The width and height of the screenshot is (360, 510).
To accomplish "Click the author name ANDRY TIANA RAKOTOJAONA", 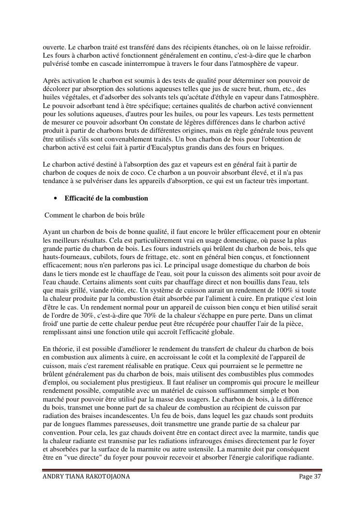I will point(87,477).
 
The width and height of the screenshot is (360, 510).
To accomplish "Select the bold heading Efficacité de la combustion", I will point(106,198).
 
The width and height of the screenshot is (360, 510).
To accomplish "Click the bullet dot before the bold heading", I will point(56,198).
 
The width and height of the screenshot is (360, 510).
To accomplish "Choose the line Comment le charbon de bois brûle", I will point(95,215).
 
